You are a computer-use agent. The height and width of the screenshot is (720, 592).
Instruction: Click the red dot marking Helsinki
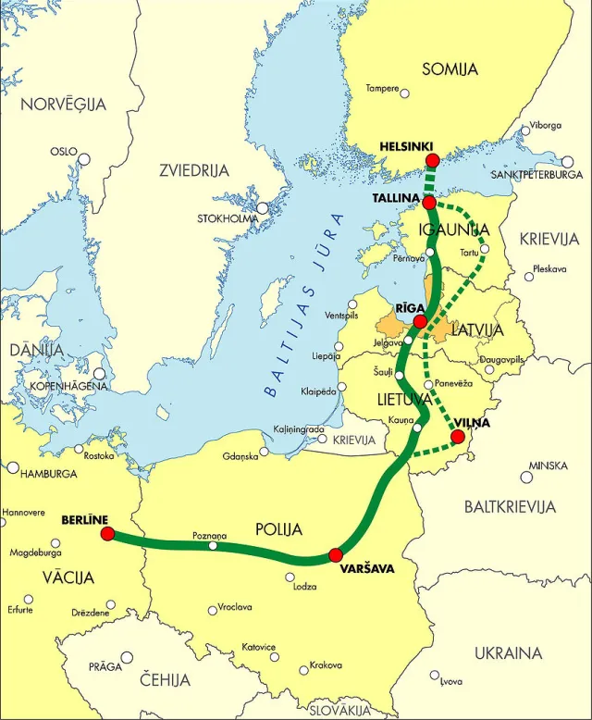[x=432, y=161]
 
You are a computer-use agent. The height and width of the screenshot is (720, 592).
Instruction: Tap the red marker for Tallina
[x=429, y=201]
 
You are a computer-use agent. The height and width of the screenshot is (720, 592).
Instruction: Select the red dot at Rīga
[x=420, y=321]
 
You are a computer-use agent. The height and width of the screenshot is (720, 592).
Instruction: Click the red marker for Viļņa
[x=457, y=436]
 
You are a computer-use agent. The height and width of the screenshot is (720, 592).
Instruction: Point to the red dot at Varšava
[x=335, y=555]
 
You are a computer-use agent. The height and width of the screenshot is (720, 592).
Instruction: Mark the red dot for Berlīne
[x=107, y=534]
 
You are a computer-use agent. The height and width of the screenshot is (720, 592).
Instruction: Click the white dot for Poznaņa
[x=214, y=546]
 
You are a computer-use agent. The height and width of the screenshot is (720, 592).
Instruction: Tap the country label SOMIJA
[x=450, y=69]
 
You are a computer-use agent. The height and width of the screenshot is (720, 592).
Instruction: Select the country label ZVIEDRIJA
[x=193, y=170]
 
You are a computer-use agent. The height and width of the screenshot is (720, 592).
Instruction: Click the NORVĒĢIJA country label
[x=64, y=105]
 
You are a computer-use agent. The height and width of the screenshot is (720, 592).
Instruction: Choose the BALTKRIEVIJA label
[x=511, y=506]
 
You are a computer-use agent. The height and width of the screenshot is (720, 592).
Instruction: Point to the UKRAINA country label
[x=508, y=652]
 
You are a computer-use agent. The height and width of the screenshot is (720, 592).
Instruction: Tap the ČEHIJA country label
[x=166, y=680]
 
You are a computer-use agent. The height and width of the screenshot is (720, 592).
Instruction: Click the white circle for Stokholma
[x=263, y=209]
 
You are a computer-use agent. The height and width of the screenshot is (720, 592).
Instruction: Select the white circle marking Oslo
[x=84, y=159]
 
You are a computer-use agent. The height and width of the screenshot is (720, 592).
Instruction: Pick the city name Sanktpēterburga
[x=537, y=174]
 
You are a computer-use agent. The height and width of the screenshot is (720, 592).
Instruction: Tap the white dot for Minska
[x=526, y=478]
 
